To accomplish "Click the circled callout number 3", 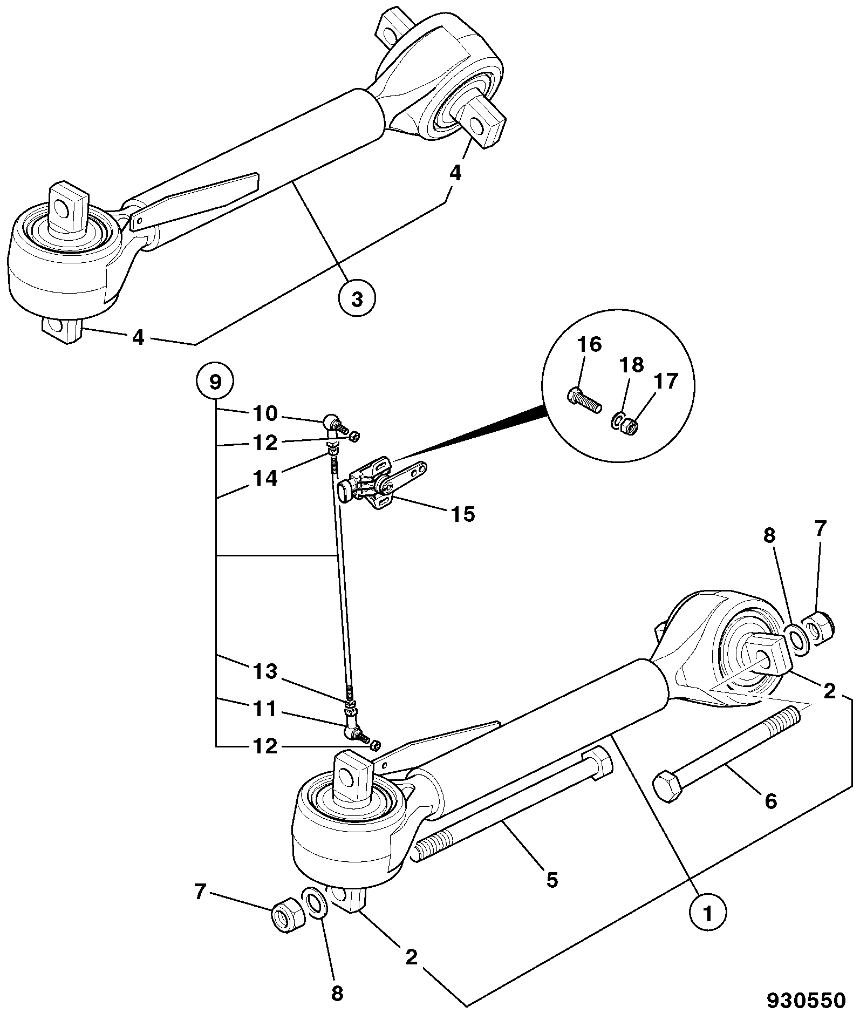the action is (357, 299).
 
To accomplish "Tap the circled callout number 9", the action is (215, 383).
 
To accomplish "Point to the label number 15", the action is (463, 514).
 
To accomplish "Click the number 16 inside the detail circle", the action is (589, 344).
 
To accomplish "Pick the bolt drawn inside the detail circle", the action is (584, 402).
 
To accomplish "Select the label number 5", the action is (551, 880).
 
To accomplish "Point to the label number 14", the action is (265, 478).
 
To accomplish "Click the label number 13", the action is (265, 672).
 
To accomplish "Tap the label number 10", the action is (265, 414).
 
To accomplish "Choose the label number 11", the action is (265, 709).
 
